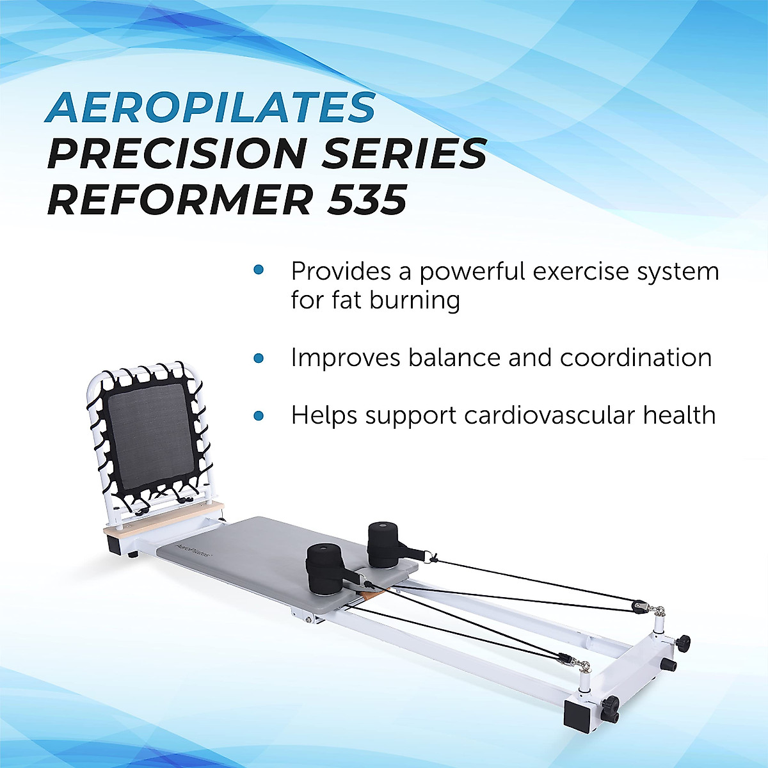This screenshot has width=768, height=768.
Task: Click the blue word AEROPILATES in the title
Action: pyautogui.click(x=210, y=108)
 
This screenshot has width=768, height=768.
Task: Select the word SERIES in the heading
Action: pyautogui.click(x=404, y=154)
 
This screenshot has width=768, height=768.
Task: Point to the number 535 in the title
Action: pyautogui.click(x=367, y=199)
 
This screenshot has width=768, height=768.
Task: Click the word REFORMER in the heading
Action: pyautogui.click(x=180, y=199)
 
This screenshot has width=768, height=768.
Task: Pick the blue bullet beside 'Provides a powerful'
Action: pyautogui.click(x=259, y=270)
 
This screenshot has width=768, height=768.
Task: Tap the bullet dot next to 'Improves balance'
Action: pyautogui.click(x=259, y=358)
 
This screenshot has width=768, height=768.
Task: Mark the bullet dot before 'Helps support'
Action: pyautogui.click(x=259, y=416)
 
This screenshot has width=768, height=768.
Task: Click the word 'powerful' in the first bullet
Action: pyautogui.click(x=472, y=272)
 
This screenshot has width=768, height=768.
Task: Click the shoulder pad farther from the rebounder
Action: pyautogui.click(x=383, y=544)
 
